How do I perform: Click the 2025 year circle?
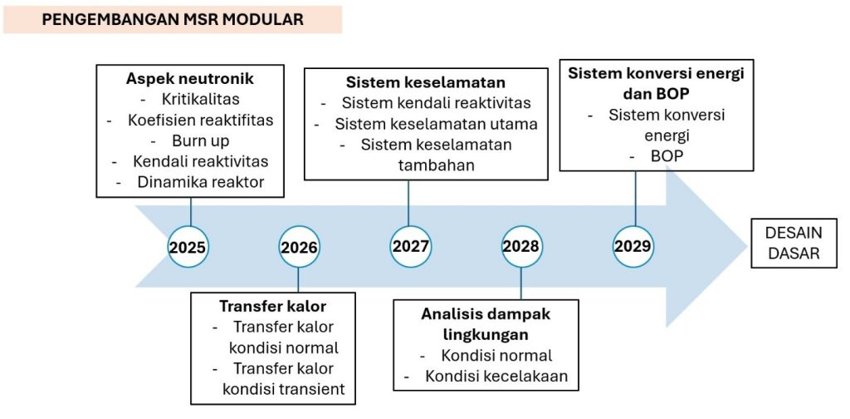tap(188, 247)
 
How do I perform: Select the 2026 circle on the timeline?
tap(299, 247)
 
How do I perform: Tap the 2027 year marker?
tap(410, 246)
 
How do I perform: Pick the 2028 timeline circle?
tap(521, 246)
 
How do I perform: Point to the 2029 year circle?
tap(633, 246)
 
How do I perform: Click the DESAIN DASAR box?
tap(794, 243)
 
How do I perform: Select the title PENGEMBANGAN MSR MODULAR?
tap(173, 20)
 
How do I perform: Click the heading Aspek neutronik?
tap(190, 79)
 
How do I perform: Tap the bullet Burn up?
tap(201, 140)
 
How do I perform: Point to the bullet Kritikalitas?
tap(201, 99)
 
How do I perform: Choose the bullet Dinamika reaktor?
tap(201, 182)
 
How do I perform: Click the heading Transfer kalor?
tap(272, 306)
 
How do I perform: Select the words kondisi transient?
tap(284, 388)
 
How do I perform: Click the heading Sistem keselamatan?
tap(426, 82)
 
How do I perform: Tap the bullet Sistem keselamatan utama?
tap(437, 124)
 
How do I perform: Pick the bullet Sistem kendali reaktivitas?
tap(437, 103)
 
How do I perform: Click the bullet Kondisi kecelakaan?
tap(496, 376)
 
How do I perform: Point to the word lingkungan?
tap(486, 334)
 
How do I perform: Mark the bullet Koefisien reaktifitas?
tap(201, 120)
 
